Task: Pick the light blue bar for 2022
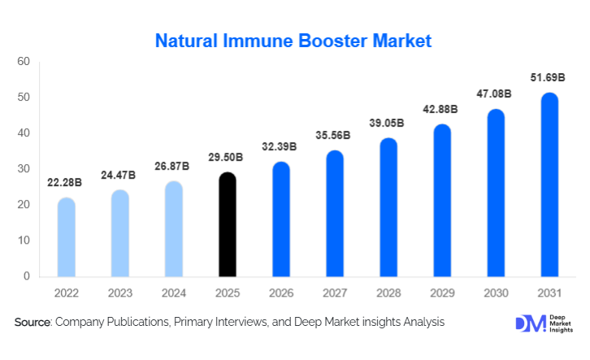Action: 67,236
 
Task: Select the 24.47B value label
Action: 120,175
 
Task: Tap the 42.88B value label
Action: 442,109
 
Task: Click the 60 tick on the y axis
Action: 24,62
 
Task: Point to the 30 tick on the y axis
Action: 24,169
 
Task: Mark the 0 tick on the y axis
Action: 26,276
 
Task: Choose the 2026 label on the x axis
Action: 281,293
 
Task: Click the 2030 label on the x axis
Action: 496,293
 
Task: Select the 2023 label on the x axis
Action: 120,293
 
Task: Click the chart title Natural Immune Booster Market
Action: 293,39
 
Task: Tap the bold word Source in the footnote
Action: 32,323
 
